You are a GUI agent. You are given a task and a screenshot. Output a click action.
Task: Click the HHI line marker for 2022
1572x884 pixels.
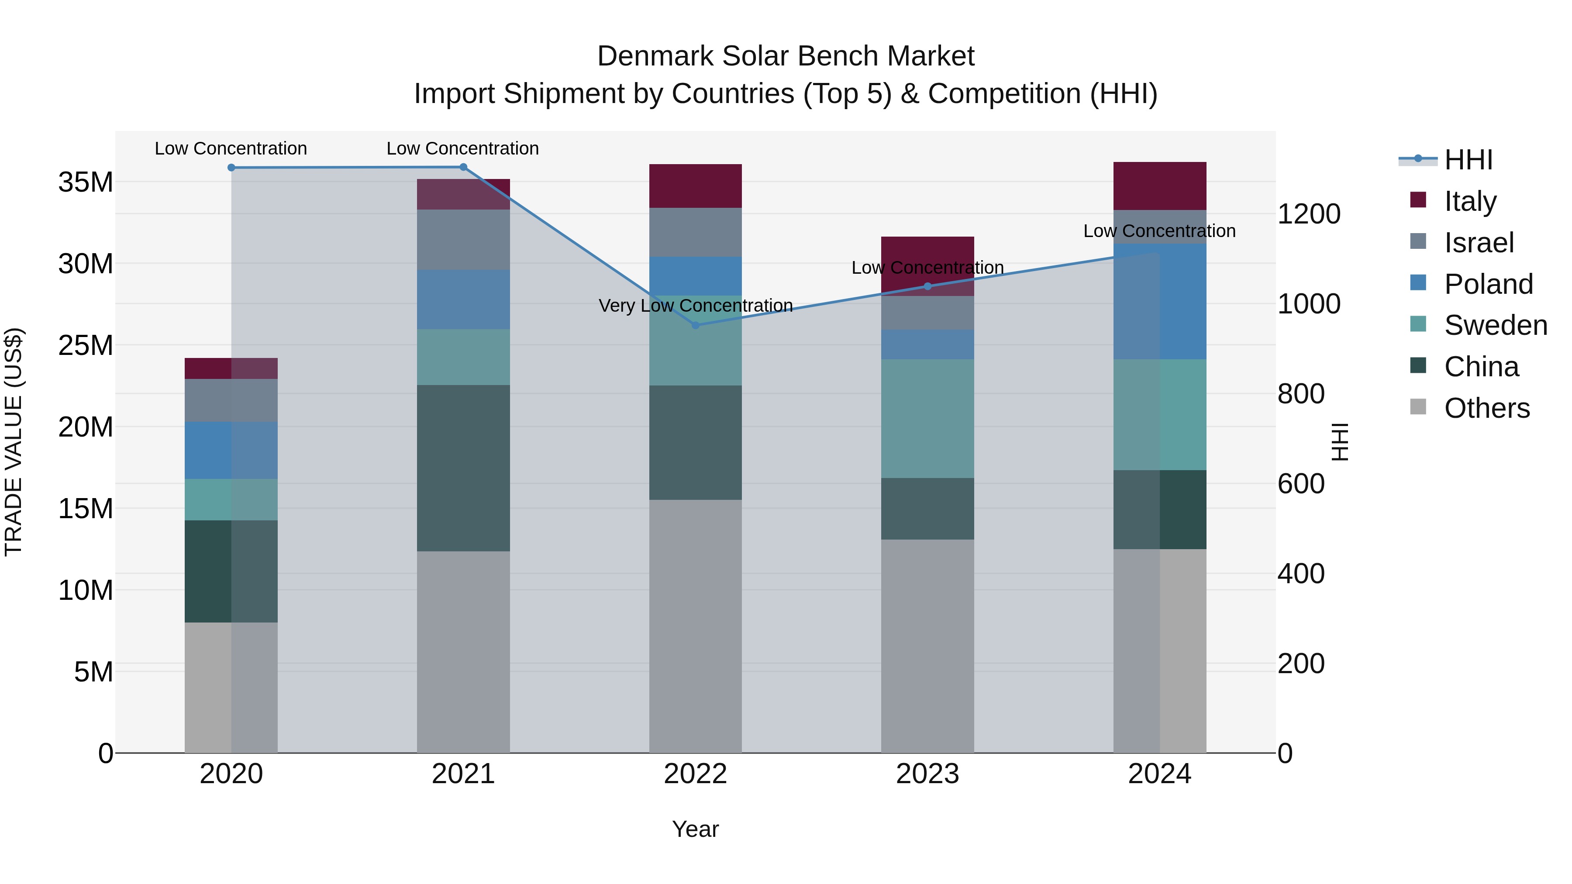[x=695, y=325]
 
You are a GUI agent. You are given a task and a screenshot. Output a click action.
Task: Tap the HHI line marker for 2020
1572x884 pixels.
[x=231, y=168]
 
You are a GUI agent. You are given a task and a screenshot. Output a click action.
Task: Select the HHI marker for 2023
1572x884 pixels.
[x=927, y=286]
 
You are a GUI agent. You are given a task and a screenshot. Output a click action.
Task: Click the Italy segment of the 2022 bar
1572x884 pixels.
[x=695, y=186]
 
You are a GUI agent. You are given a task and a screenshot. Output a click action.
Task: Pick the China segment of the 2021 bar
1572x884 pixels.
[x=463, y=468]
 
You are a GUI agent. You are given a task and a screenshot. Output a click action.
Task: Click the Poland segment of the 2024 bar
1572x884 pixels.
[x=1159, y=301]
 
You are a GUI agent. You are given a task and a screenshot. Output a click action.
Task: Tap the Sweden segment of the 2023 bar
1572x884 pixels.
[x=927, y=419]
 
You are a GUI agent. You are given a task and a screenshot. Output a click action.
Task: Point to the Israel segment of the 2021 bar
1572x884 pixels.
[x=463, y=240]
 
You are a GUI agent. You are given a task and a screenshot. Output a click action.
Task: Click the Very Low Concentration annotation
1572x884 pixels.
[x=695, y=305]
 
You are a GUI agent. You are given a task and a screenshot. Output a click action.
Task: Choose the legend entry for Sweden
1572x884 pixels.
[x=1495, y=325]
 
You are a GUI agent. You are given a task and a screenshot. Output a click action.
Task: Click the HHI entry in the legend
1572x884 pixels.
[x=1468, y=160]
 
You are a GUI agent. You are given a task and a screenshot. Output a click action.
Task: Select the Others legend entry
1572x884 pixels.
[x=1486, y=408]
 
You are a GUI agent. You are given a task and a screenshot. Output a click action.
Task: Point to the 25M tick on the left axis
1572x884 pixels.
[x=86, y=345]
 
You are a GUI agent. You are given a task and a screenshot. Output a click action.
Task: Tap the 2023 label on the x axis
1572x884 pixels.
[x=927, y=774]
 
